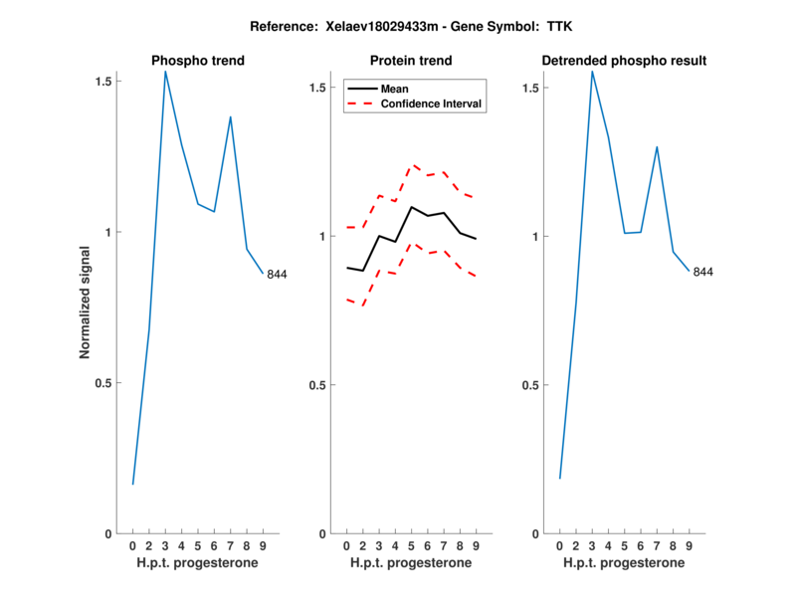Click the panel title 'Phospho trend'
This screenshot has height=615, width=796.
coord(197,61)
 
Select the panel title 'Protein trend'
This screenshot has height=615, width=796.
coord(411,61)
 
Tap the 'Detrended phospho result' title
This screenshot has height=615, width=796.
coord(624,61)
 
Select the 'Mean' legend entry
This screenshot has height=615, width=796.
coord(395,89)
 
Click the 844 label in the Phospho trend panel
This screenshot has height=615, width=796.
coord(277,275)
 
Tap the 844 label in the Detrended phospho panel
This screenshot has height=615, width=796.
coord(703,272)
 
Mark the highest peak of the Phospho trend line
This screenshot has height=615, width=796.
coord(165,71)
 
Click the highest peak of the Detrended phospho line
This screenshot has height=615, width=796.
coord(592,71)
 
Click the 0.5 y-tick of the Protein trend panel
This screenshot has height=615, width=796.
coord(316,385)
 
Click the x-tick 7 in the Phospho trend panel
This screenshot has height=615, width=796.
coord(231,545)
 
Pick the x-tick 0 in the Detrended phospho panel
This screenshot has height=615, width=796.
coord(560,545)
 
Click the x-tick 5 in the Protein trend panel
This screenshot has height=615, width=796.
coord(411,545)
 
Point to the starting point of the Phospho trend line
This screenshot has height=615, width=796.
coord(132,485)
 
